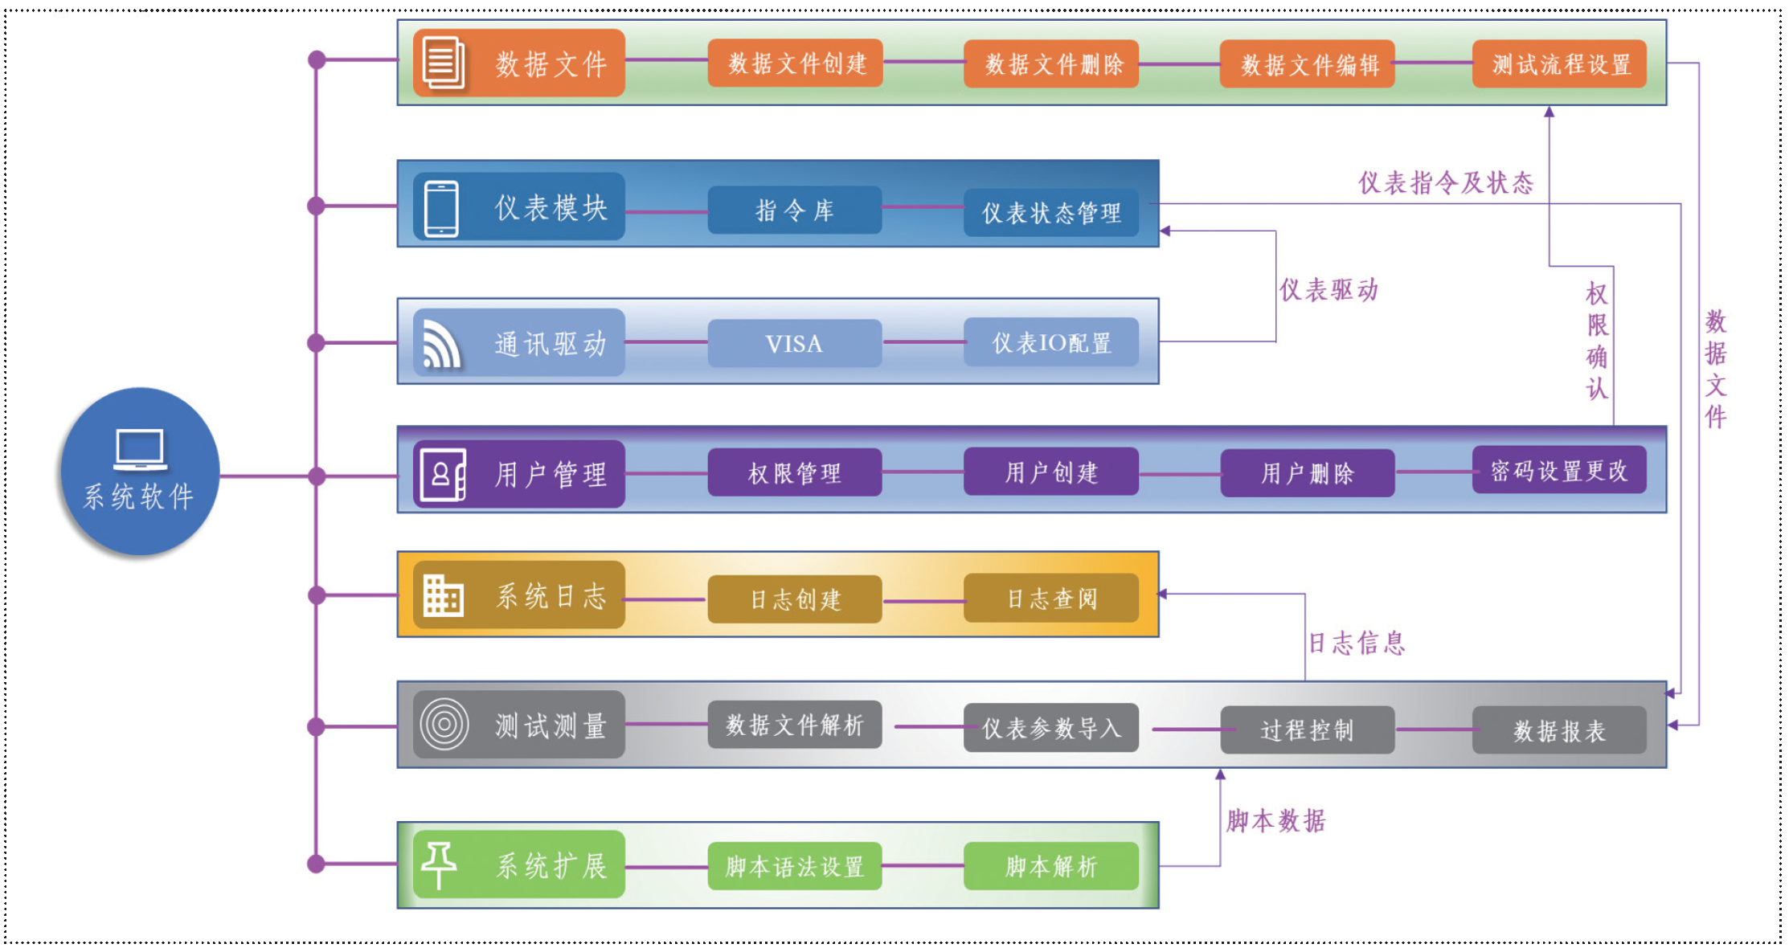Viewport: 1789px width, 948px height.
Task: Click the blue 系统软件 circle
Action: [140, 472]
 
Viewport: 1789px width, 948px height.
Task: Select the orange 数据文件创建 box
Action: [795, 63]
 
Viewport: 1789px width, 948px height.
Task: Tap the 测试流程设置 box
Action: [1559, 64]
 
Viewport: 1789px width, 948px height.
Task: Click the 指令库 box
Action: [794, 210]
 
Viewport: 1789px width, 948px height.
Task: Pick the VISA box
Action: [794, 344]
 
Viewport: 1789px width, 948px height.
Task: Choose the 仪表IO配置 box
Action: [1050, 343]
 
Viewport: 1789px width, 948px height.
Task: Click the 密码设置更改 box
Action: [1558, 471]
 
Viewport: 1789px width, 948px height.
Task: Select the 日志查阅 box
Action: [1050, 599]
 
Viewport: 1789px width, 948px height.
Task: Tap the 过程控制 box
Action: [1307, 730]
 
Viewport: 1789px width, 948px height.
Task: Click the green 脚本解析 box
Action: [1050, 866]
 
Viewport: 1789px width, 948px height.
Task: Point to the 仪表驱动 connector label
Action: [1328, 290]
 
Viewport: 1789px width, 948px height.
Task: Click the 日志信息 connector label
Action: [1357, 643]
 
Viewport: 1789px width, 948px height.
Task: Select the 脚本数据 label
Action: [1275, 820]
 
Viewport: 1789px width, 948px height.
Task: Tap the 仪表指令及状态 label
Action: [1445, 183]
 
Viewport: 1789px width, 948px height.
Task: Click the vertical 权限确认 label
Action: [1597, 341]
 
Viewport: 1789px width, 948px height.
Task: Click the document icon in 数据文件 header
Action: [443, 63]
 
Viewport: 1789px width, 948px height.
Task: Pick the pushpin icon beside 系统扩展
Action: [439, 864]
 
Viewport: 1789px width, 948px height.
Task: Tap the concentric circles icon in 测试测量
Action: [444, 725]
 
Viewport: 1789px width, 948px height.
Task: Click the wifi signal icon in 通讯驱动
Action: [441, 344]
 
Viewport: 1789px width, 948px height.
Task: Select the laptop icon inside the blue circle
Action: [140, 449]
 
